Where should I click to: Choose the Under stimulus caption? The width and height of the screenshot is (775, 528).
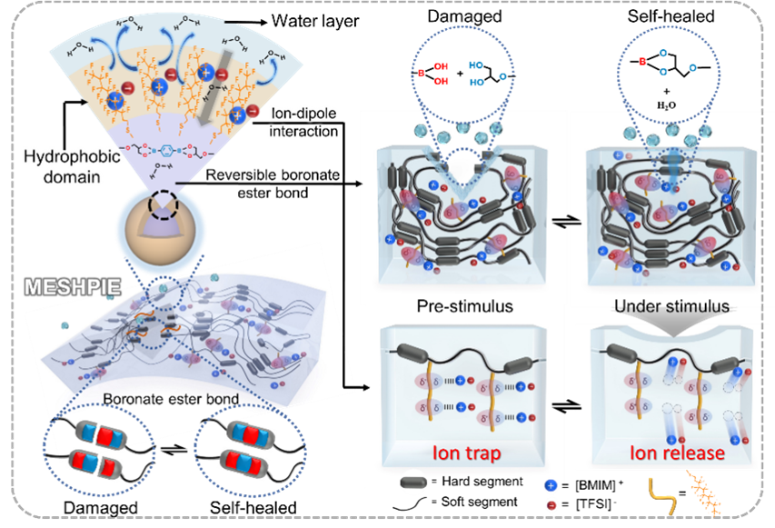tap(678, 306)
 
